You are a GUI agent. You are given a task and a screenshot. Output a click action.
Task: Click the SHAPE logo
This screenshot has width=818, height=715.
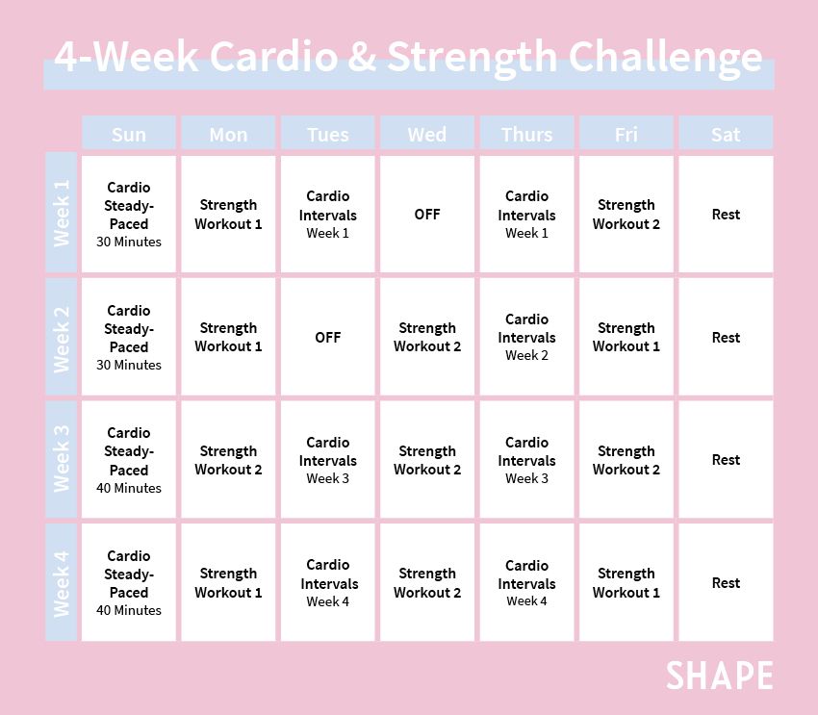719,675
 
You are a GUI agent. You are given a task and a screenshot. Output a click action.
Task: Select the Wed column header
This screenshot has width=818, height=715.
427,134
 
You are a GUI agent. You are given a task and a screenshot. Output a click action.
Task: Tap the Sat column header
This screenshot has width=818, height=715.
726,134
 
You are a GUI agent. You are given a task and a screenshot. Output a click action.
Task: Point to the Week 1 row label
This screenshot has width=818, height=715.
62,214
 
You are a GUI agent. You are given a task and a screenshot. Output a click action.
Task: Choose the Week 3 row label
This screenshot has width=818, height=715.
62,459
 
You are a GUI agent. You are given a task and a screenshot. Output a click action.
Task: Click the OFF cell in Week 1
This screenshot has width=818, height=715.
427,214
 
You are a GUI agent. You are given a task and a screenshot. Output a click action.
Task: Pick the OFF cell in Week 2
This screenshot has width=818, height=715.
328,337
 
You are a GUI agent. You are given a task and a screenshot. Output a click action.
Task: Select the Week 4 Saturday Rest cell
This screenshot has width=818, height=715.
726,582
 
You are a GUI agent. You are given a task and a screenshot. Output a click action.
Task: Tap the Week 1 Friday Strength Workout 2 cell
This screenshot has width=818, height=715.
626,214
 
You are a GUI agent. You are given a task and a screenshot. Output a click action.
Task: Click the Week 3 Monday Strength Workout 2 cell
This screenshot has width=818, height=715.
228,459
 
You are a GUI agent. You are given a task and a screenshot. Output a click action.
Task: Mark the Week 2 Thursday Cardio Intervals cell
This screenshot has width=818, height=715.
526,337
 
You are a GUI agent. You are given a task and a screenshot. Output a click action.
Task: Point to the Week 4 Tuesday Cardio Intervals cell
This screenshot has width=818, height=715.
328,582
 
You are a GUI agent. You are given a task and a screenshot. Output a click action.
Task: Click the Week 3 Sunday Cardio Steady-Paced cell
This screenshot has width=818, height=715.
129,459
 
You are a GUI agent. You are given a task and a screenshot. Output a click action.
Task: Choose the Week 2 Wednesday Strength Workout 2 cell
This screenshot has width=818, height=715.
427,337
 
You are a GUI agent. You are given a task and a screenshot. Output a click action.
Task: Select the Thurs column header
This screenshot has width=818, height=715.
526,134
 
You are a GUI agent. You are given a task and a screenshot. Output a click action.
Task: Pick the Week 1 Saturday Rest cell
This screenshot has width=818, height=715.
726,214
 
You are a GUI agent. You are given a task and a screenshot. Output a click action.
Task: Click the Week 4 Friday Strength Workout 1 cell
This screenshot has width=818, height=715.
626,582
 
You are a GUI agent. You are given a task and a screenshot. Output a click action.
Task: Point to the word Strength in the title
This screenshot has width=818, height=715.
472,58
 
